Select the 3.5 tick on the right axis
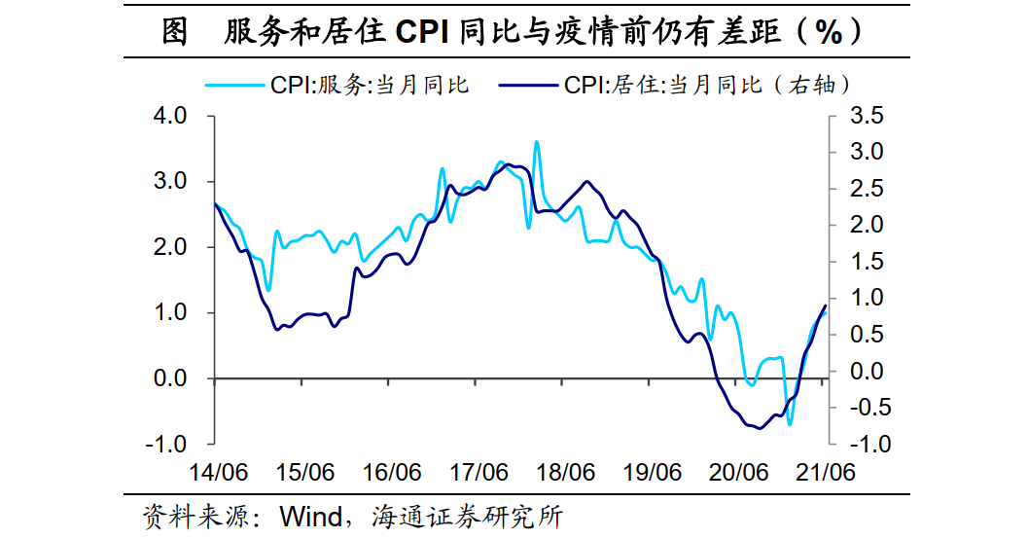pos(865,117)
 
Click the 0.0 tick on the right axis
pos(865,371)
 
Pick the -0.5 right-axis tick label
pos(861,408)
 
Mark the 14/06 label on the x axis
pos(218,473)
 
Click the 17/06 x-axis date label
pos(479,473)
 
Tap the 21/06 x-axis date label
pos(825,473)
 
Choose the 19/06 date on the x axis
pos(652,473)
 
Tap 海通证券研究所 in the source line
pos(467,515)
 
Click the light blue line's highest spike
pos(537,142)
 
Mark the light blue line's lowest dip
pos(790,424)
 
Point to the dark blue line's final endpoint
pos(826,305)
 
